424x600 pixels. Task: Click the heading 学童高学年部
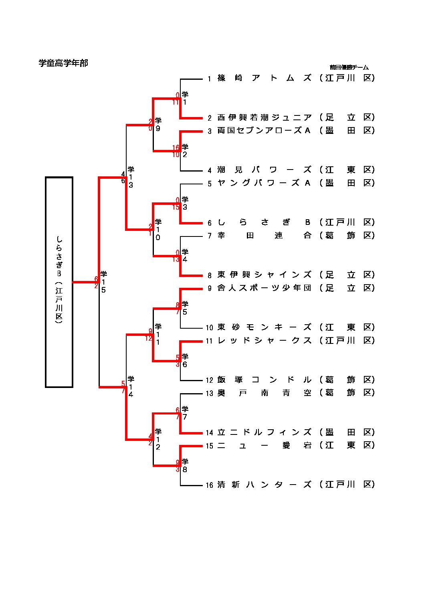point(63,63)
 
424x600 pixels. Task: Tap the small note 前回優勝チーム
point(349,67)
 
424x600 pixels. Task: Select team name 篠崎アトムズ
point(264,78)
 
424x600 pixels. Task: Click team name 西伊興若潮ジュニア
point(264,117)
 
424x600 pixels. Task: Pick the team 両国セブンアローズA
point(264,131)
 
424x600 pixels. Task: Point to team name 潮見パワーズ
point(264,170)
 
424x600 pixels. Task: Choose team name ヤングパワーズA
point(264,183)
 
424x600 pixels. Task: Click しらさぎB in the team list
point(264,222)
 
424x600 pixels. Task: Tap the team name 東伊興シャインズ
point(264,275)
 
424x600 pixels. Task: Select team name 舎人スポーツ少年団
point(264,288)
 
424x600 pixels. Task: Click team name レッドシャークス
point(264,341)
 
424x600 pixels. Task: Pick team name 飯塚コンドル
point(264,380)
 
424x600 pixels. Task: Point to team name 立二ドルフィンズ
point(264,432)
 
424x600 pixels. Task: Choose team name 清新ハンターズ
point(264,485)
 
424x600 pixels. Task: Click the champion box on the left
point(59,282)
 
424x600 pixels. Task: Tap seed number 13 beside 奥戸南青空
point(209,394)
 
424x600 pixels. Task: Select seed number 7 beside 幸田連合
point(209,236)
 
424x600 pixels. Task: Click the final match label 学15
point(103,282)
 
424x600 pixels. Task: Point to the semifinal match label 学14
point(131,387)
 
